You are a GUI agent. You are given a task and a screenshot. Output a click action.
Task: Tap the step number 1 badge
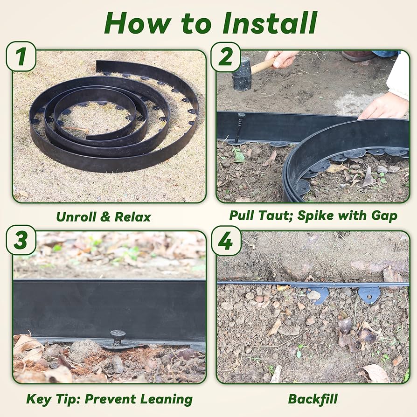coord(21,57)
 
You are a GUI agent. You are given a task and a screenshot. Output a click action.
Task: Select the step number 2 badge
coord(226,57)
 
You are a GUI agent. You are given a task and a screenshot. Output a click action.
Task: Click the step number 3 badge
coord(21,240)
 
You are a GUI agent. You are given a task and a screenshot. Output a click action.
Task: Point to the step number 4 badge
coord(226,240)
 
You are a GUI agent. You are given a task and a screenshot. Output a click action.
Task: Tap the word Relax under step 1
coord(133,217)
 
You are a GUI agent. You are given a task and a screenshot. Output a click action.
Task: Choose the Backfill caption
coord(313,399)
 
